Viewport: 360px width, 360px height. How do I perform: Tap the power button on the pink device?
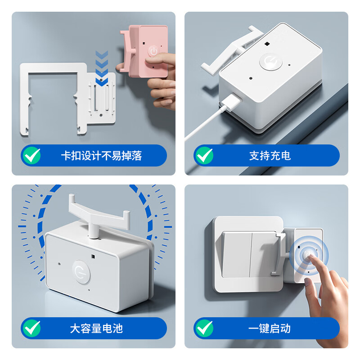(154, 50)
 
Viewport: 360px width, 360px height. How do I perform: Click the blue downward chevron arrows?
(103, 67)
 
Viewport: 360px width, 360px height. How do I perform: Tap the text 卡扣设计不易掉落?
(101, 156)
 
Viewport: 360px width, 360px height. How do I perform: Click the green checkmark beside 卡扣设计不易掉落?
(31, 156)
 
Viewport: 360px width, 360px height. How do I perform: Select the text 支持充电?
(270, 156)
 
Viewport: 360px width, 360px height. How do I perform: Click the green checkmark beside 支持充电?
(204, 156)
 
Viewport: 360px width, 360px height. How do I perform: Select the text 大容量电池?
(96, 328)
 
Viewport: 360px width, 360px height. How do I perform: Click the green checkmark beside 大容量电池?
(31, 328)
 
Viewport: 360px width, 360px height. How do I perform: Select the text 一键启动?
(269, 328)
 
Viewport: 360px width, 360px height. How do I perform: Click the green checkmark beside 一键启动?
(204, 328)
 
